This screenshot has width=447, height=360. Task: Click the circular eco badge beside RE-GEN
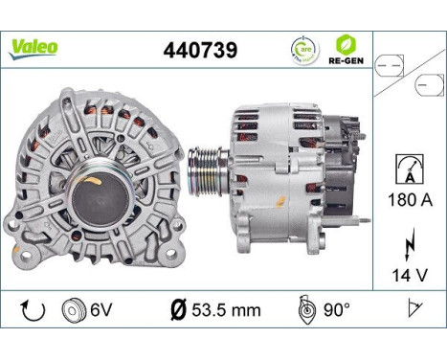tap(303, 48)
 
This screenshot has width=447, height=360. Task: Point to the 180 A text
tap(408, 199)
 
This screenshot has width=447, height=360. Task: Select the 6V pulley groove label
tap(101, 310)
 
